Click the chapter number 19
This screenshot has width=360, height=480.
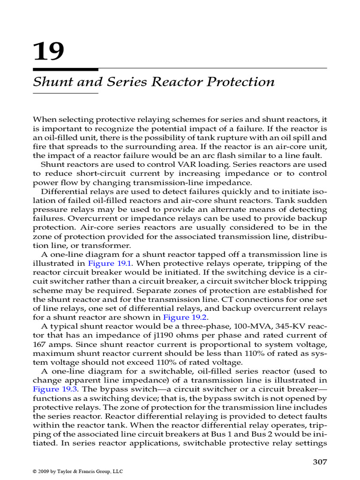coord(48,51)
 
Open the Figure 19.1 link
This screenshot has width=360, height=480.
coord(107,263)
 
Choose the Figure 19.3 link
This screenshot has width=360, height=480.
coord(52,389)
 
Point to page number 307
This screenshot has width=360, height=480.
coord(319,462)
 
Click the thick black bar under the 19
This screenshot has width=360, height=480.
coord(65,70)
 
